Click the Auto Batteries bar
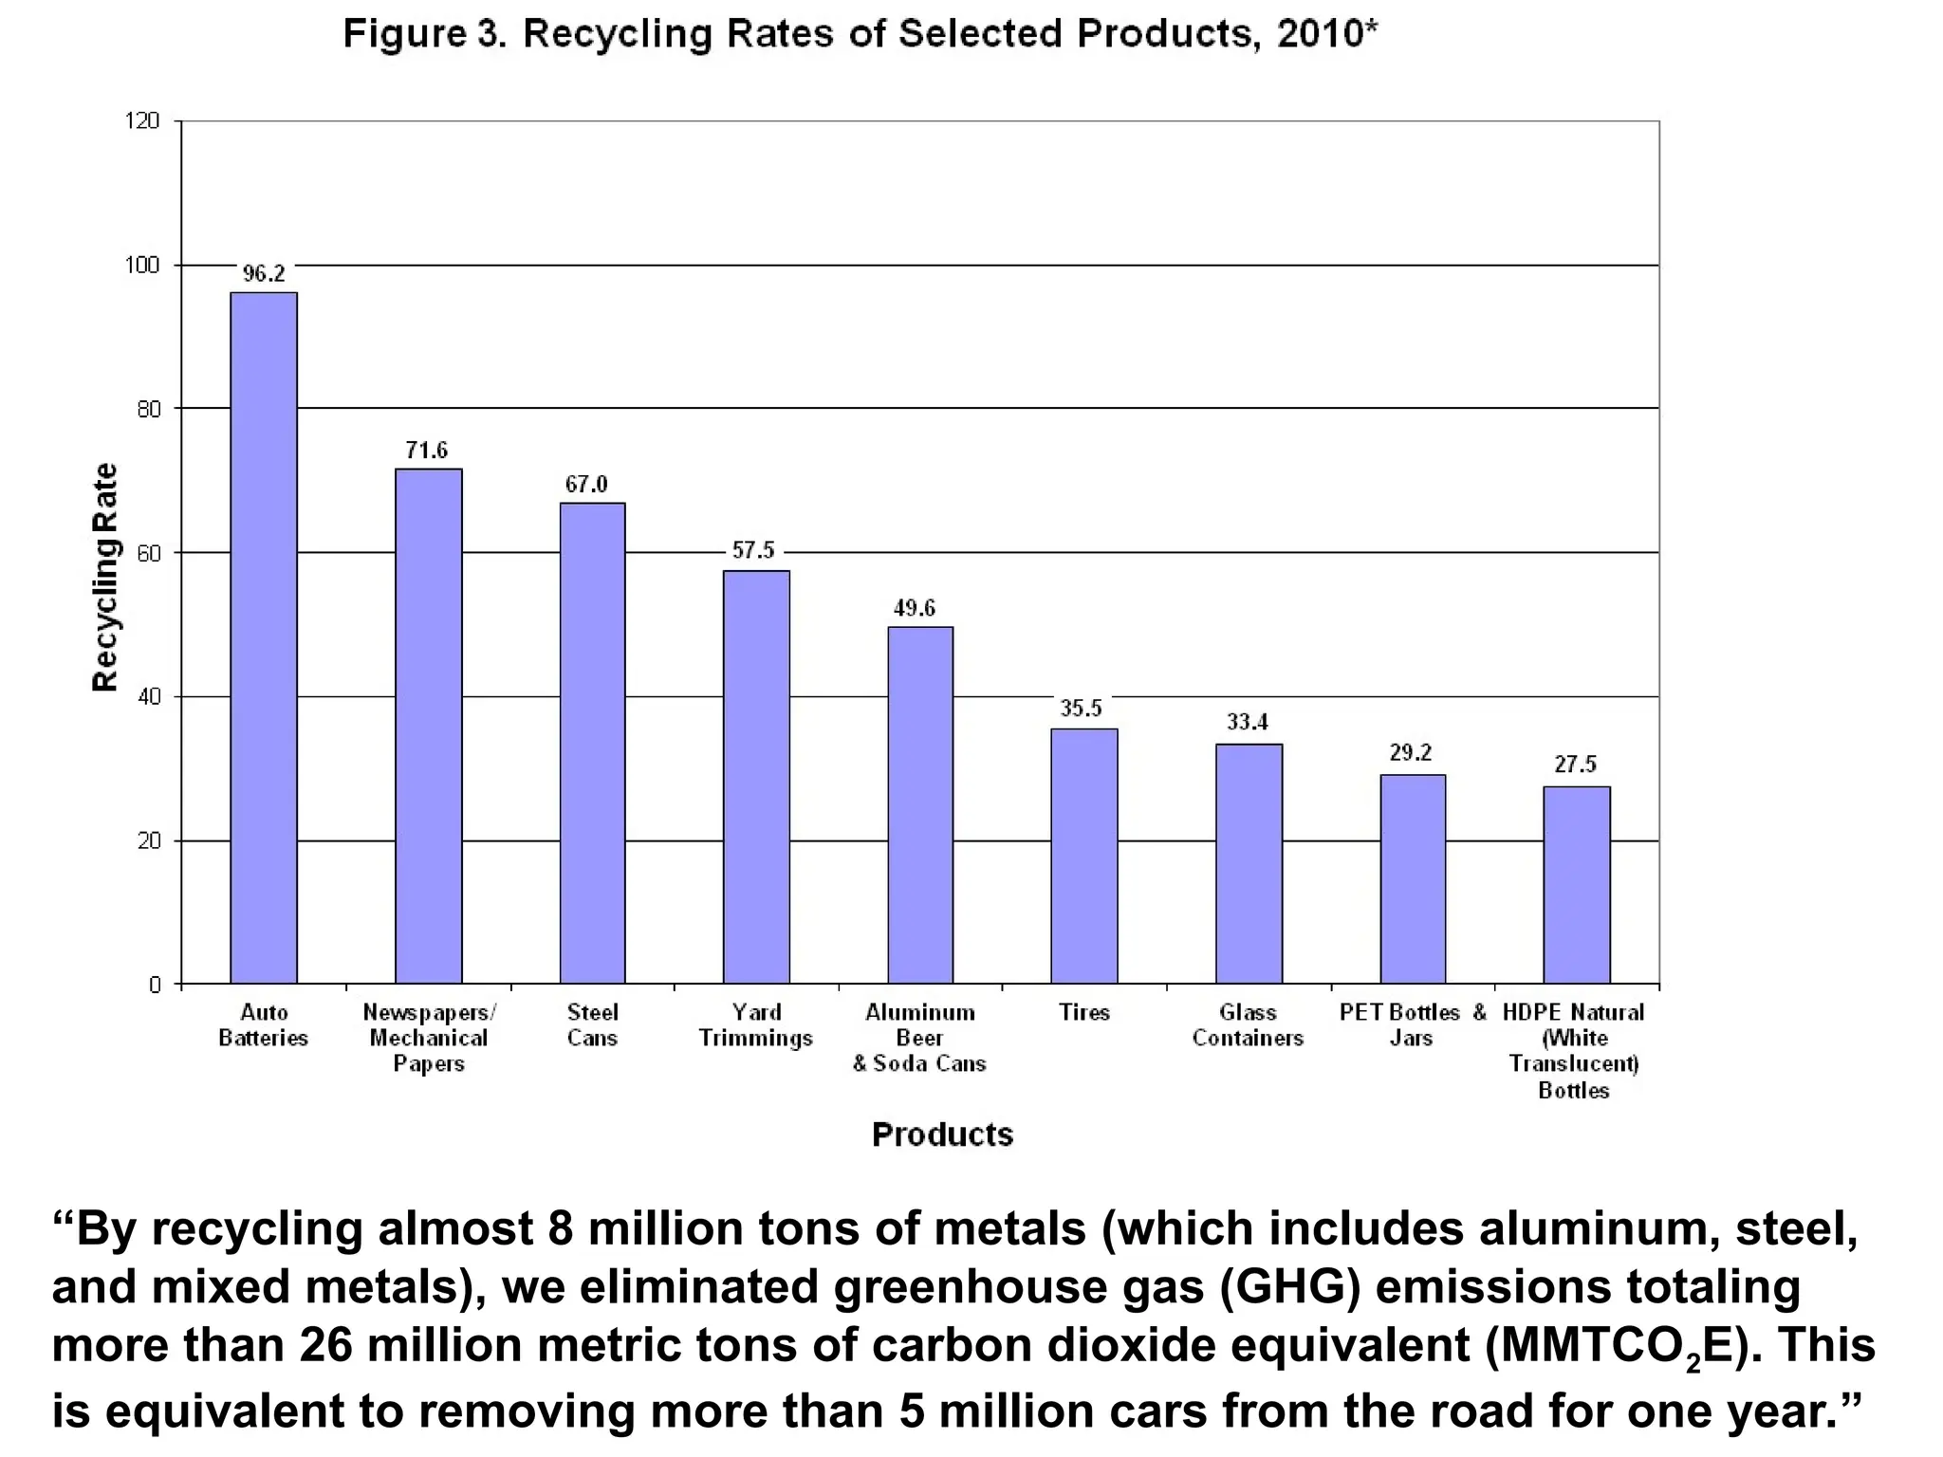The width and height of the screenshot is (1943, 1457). coord(264,637)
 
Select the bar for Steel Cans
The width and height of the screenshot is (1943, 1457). coord(592,743)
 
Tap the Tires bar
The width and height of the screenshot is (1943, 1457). coord(1083,856)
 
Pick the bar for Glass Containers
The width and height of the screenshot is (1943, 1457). coord(1249,863)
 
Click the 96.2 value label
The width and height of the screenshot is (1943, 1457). coord(264,274)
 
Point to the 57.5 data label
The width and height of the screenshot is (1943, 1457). coord(753,550)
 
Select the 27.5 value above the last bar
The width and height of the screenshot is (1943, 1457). coord(1575,765)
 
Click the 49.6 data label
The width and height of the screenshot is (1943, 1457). coord(915,608)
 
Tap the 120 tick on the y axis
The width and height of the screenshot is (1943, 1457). coord(142,120)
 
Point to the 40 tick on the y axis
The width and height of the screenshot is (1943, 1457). coord(148,697)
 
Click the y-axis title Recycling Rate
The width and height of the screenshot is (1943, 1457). coord(105,577)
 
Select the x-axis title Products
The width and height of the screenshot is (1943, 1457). coord(942,1134)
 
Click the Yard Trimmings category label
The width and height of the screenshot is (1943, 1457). coord(756,1025)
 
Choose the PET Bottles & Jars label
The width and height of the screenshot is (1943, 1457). coord(1412,1025)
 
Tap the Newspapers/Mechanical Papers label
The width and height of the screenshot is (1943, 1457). coord(429,1038)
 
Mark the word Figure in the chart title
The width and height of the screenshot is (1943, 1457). coord(404,34)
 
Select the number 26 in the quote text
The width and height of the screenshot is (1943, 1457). coord(327,1346)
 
